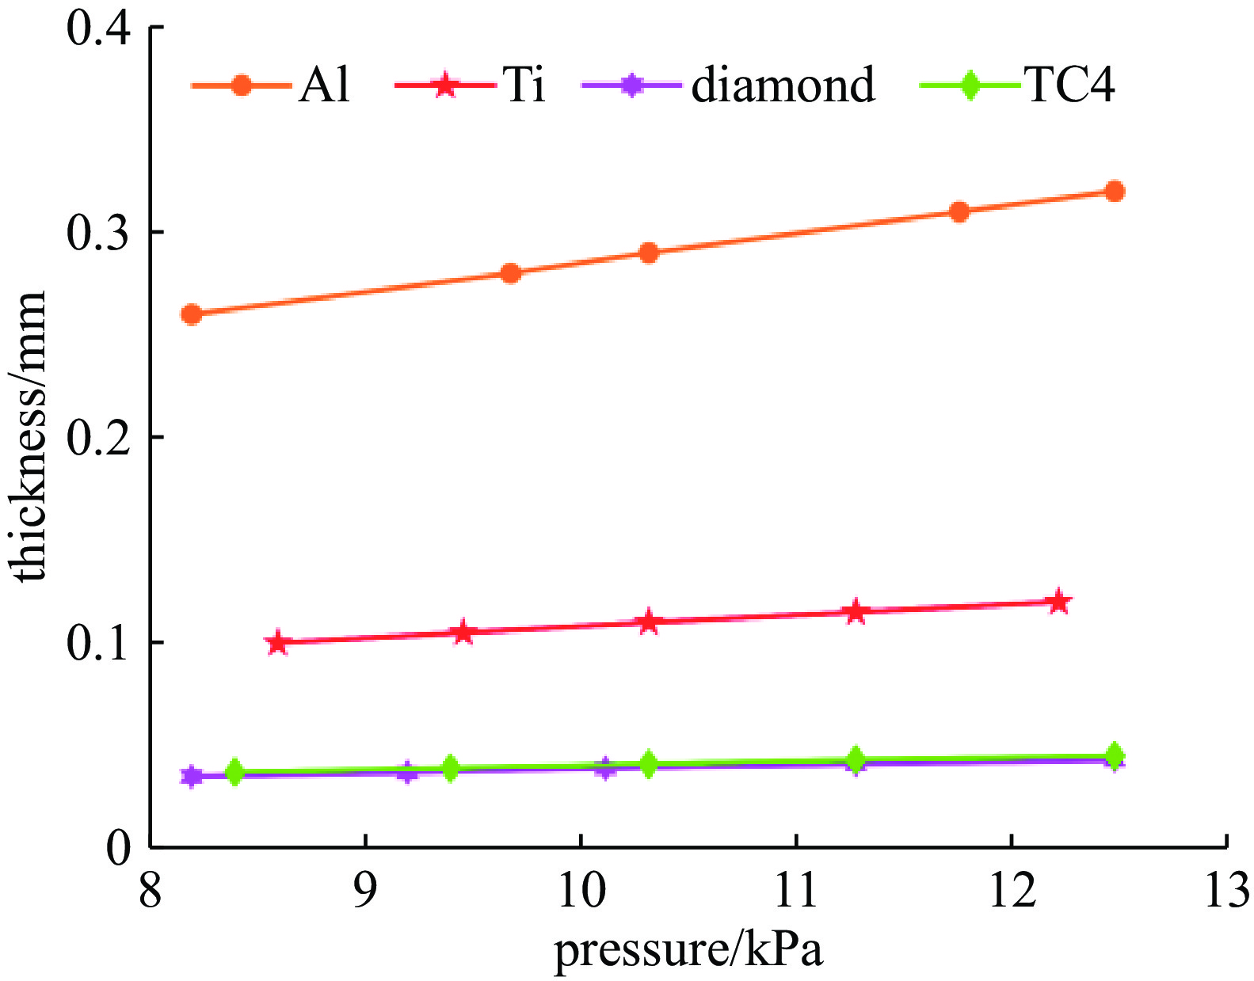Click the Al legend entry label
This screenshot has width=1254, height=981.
coord(324,84)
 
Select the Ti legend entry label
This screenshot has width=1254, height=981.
coord(524,84)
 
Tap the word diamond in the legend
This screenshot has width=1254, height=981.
coord(783,84)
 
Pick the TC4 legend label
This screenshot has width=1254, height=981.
coord(1070,84)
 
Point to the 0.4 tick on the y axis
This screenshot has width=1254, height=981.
coord(97,29)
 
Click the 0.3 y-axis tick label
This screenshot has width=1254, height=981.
coord(97,233)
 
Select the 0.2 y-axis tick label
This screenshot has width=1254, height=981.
coord(97,437)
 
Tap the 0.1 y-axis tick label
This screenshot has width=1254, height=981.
coord(97,642)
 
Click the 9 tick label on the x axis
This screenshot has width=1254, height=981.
coord(365,889)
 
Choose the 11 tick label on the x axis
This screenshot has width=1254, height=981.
coord(795,889)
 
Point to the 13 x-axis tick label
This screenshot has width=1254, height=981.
coord(1226,889)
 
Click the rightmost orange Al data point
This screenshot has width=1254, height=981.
coord(1115,192)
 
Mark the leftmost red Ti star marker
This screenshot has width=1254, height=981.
coord(277,642)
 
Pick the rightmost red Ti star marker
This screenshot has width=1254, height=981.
coord(1058,602)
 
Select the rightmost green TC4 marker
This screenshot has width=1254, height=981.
coord(1115,756)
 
